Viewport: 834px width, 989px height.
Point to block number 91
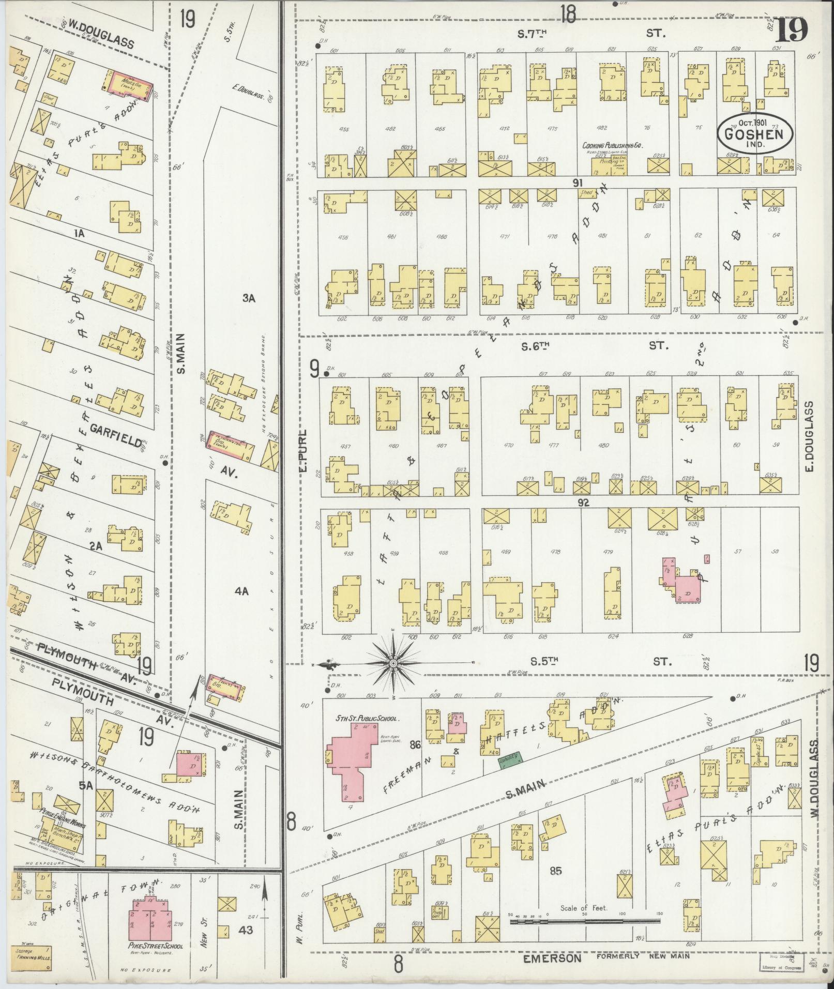point(578,182)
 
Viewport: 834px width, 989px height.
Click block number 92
point(584,501)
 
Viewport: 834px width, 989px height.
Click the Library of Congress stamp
point(781,965)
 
